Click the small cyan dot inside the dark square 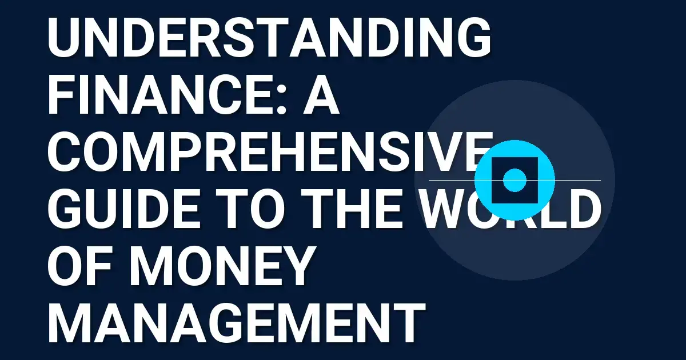[514, 180]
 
